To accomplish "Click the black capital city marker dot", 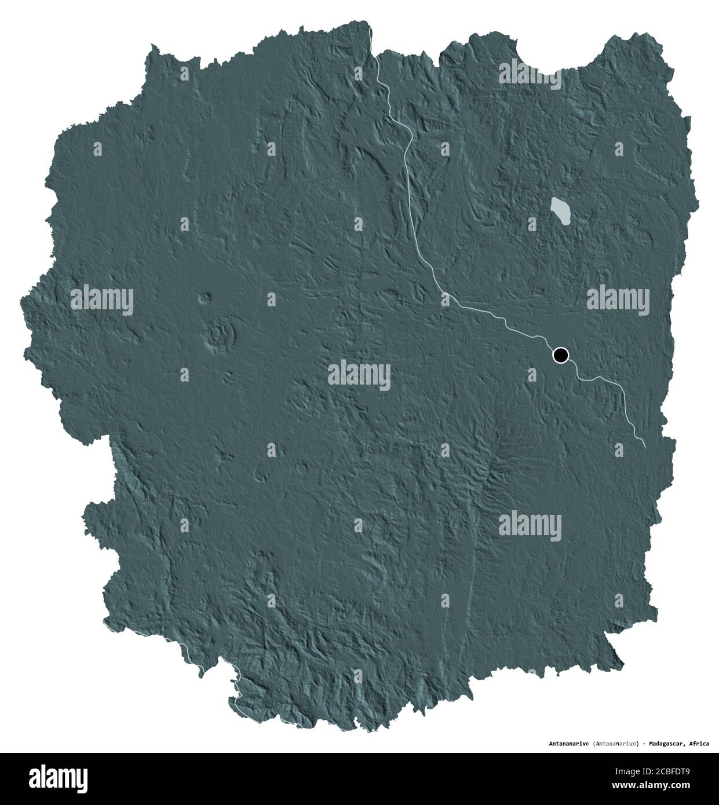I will point(560,355).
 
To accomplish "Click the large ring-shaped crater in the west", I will point(222,334).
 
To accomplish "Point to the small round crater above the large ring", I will point(204,299).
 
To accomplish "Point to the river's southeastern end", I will point(645,445).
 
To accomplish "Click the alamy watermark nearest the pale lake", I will point(530,73).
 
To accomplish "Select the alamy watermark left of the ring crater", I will point(102,300).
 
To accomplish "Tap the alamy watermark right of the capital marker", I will point(618,300).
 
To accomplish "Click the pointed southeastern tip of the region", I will point(622,660).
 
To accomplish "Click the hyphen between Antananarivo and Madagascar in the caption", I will point(645,743).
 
